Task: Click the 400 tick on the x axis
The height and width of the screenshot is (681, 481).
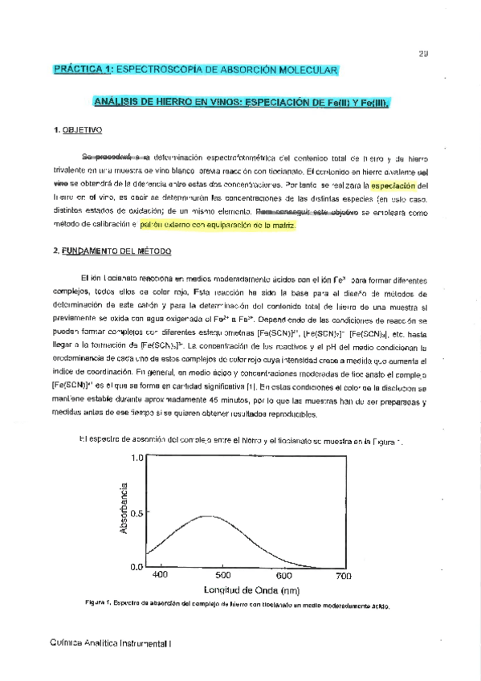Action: (x=159, y=576)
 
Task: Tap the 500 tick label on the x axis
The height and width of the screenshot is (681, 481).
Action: (x=222, y=576)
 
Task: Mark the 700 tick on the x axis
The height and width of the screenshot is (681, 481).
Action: (x=344, y=576)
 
